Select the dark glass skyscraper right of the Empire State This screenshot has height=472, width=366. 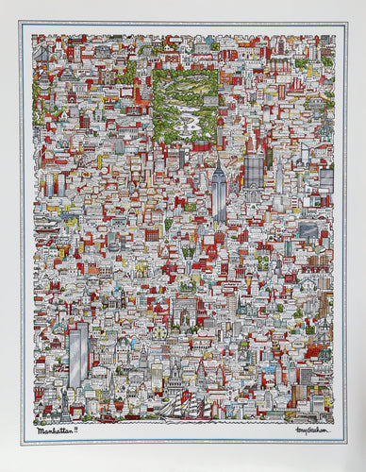254,170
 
